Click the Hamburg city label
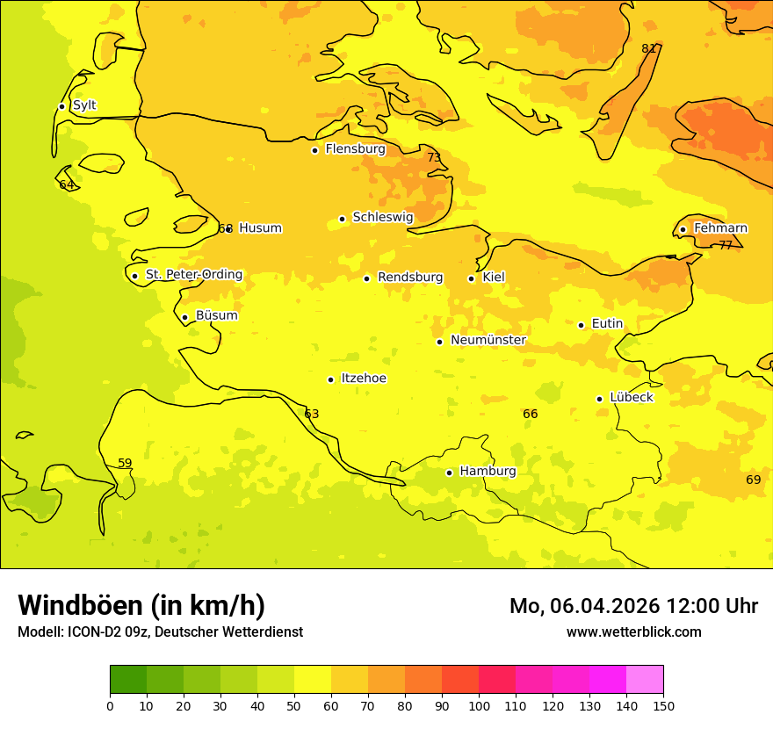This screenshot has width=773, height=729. [488, 471]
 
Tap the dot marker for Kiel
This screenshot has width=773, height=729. [472, 278]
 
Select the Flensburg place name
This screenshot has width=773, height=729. [355, 149]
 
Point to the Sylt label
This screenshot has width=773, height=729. [84, 105]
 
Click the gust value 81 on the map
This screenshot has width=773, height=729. [649, 48]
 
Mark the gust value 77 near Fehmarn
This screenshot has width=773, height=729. [726, 245]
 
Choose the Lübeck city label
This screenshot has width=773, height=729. [631, 397]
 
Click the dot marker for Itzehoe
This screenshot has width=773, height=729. [330, 379]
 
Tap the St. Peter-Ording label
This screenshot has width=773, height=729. [193, 275]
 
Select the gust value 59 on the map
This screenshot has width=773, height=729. [125, 463]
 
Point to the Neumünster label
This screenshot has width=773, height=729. [488, 340]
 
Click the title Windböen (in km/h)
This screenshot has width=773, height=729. [141, 605]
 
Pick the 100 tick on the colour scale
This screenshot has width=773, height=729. [479, 705]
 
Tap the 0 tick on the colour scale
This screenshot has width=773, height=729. [110, 705]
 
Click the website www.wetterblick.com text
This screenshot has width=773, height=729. [633, 632]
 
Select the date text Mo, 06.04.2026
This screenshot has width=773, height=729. [586, 606]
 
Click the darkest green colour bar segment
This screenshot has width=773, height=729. [128, 679]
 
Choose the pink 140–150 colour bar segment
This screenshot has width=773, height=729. [645, 679]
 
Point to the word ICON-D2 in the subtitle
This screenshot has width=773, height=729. [91, 632]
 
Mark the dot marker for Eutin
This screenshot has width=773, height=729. [581, 325]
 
